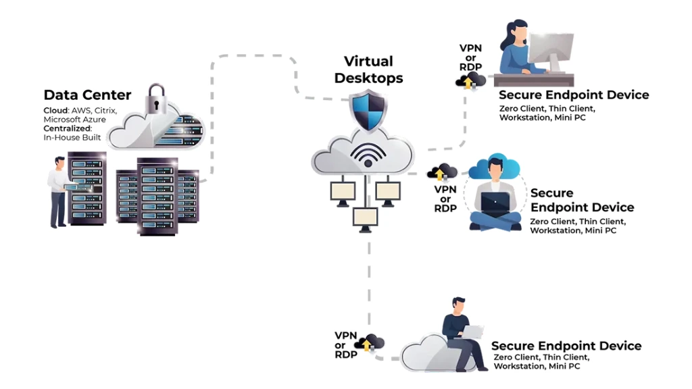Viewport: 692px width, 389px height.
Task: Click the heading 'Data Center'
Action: pyautogui.click(x=87, y=95)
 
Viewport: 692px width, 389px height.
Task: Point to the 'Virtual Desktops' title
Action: pyautogui.click(x=368, y=70)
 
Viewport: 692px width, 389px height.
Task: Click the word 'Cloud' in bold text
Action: pyautogui.click(x=56, y=110)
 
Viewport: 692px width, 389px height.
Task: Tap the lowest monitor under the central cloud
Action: pyautogui.click(x=365, y=217)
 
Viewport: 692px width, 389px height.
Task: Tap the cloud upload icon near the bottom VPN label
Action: pyautogui.click(x=370, y=343)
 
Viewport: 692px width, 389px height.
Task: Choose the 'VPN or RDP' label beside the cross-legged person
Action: pyautogui.click(x=445, y=199)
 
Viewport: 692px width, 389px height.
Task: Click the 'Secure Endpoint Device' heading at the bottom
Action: pyautogui.click(x=566, y=346)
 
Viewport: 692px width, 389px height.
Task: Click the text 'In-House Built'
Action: pyautogui.click(x=72, y=138)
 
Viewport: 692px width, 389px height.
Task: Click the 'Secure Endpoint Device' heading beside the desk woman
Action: pyautogui.click(x=574, y=95)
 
